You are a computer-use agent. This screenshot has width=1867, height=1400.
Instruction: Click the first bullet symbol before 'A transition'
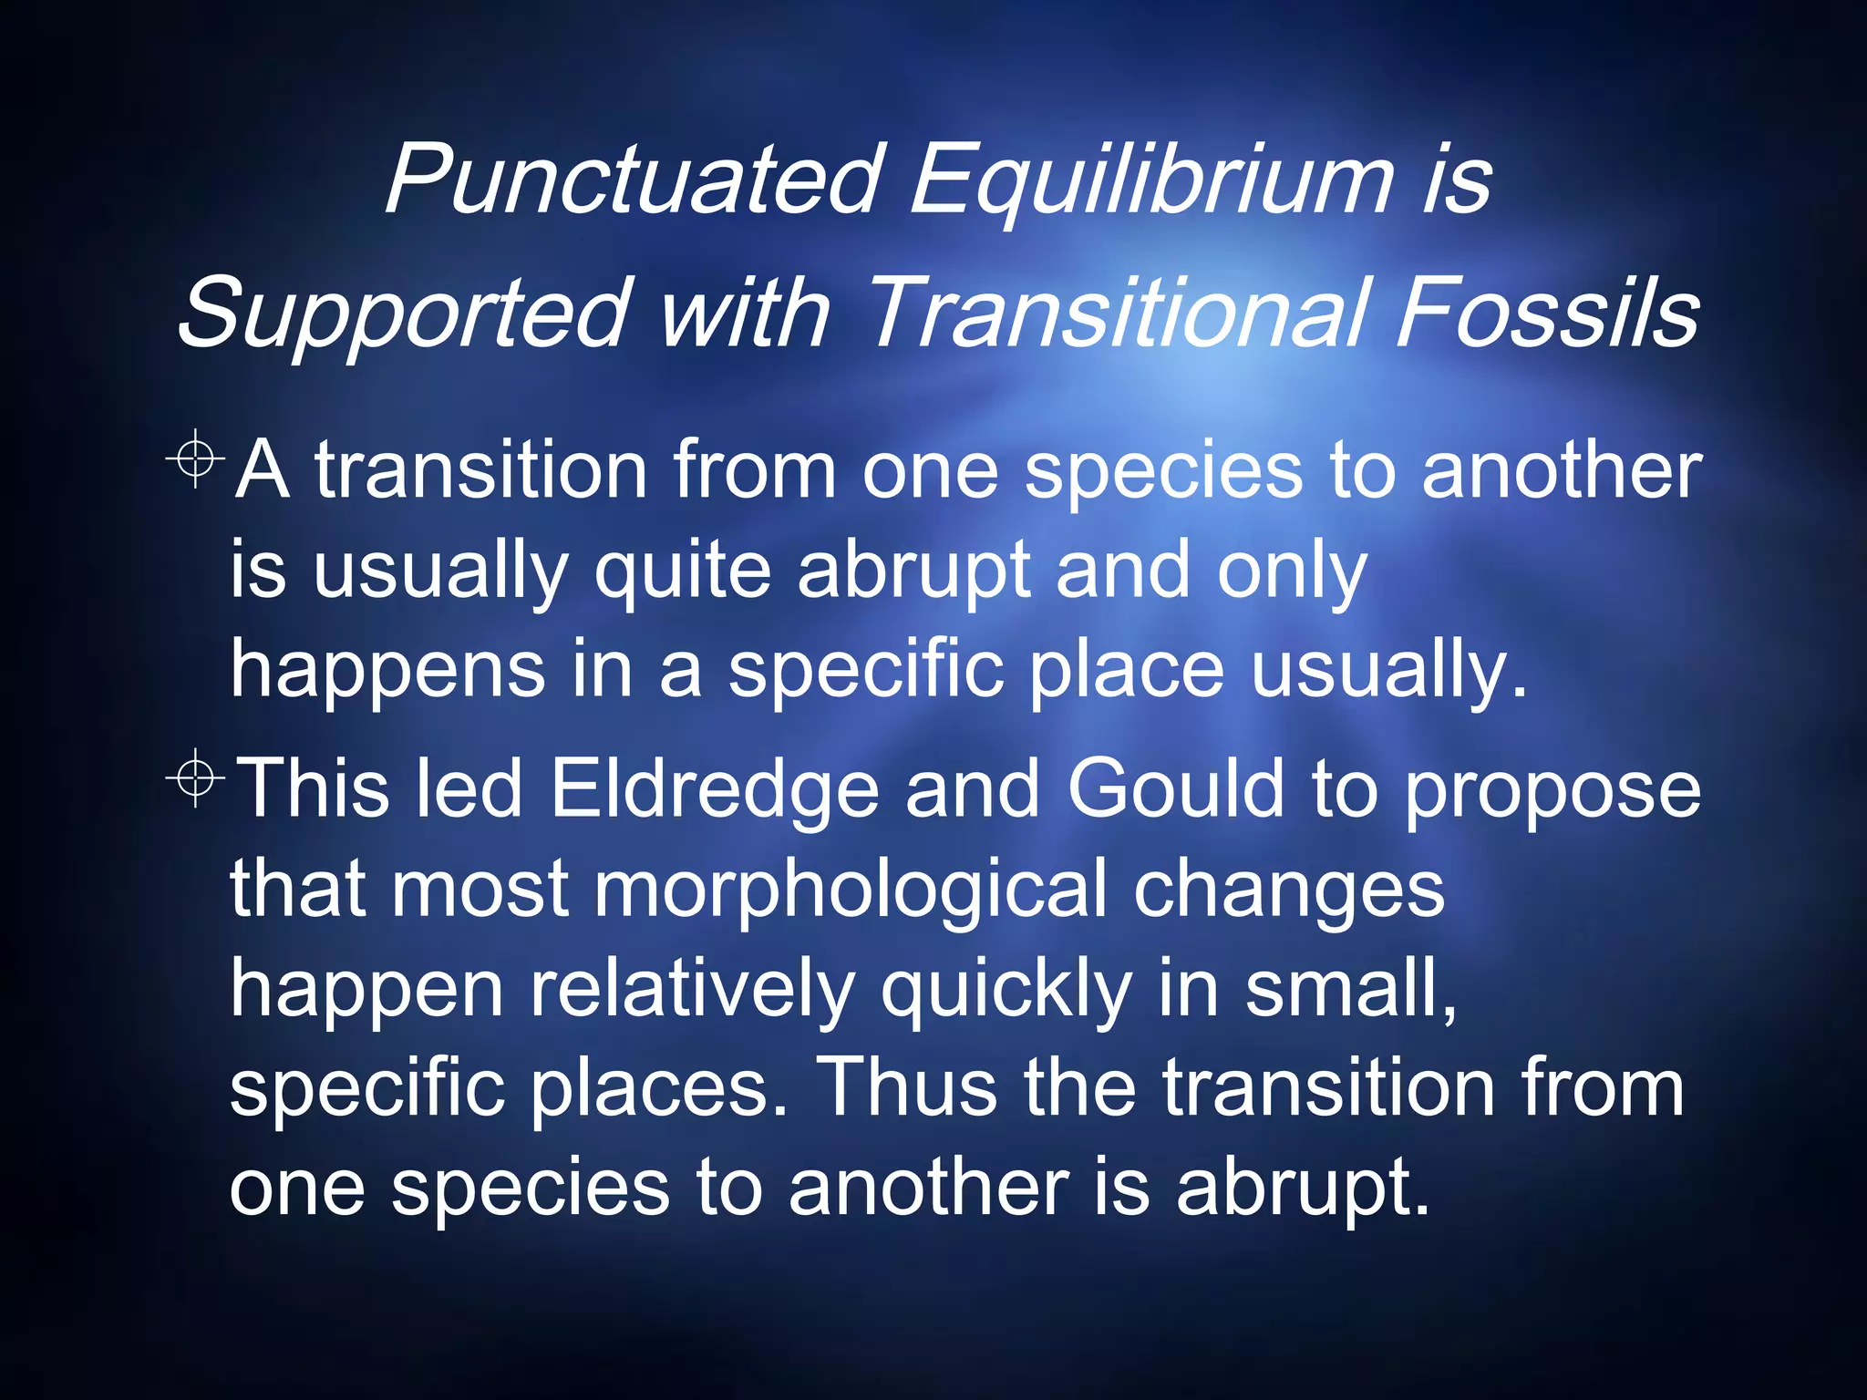click(196, 458)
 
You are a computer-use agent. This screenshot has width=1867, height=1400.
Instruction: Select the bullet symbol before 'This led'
click(196, 777)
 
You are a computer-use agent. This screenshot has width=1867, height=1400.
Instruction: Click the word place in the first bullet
click(1127, 670)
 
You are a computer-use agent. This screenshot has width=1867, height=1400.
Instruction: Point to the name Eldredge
click(715, 788)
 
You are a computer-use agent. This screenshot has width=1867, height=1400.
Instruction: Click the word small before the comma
click(1344, 989)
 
